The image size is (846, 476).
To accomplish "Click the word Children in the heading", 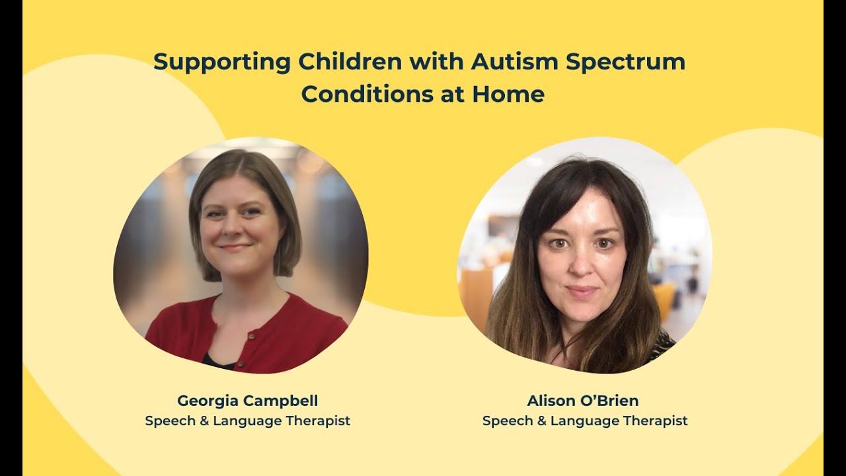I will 350,62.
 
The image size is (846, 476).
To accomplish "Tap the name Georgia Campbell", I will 247,401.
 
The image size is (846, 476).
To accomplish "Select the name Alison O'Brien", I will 582,401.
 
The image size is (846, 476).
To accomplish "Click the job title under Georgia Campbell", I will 247,420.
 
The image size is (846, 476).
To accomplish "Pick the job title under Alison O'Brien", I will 584,420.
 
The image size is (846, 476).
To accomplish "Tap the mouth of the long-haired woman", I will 582,290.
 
